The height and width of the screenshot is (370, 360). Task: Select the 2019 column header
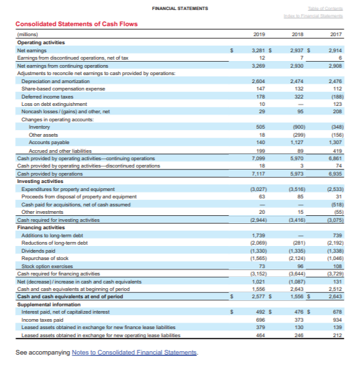(x=261, y=34)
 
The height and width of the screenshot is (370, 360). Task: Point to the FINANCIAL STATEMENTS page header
(x=180, y=8)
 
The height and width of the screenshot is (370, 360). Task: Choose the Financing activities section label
(x=40, y=227)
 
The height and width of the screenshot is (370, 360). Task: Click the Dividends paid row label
(x=39, y=249)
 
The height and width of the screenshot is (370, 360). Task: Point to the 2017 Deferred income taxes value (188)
(x=335, y=97)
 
